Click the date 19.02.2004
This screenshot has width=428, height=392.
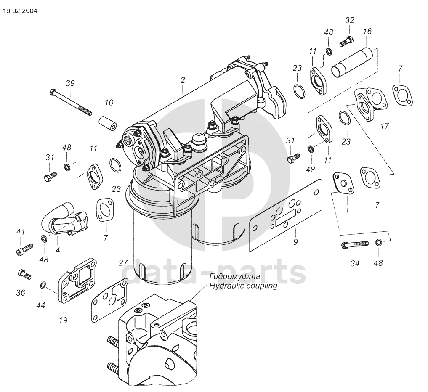coord(20,11)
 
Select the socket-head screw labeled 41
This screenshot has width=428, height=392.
coord(24,249)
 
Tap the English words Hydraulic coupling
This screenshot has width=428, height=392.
coord(243,286)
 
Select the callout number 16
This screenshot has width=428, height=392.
coord(367,32)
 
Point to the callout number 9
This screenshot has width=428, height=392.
coord(295,242)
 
